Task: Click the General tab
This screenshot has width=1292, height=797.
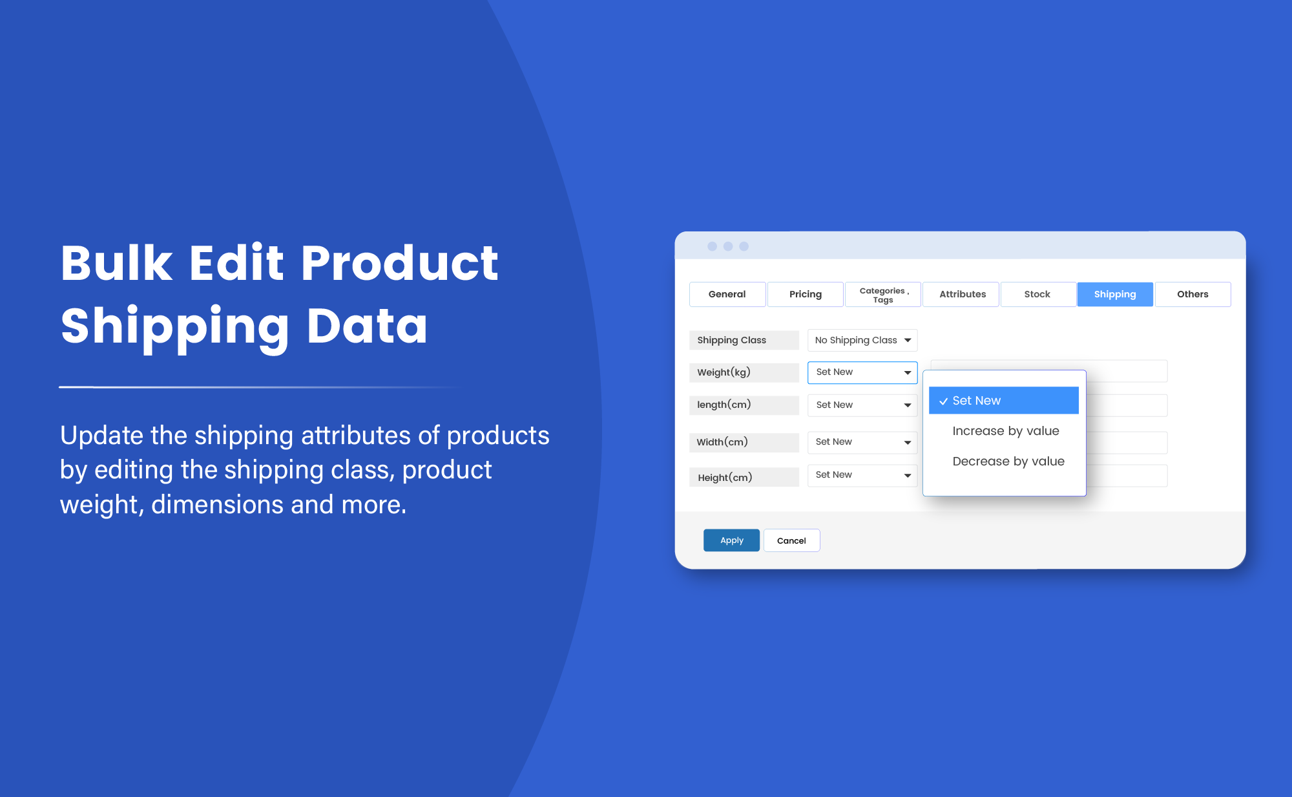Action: coord(727,294)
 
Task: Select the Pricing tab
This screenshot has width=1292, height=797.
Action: coord(805,294)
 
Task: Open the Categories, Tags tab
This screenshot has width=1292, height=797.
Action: coord(883,295)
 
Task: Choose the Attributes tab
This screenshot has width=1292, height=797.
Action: coord(962,294)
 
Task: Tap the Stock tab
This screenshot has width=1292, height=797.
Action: coord(1037,294)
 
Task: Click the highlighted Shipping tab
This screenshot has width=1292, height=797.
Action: coord(1114,294)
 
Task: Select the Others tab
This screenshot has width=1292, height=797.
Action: coord(1192,294)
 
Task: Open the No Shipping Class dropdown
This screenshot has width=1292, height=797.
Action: coord(862,340)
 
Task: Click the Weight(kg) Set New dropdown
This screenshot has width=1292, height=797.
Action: coord(862,372)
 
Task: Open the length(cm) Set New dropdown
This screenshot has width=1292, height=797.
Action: coord(862,405)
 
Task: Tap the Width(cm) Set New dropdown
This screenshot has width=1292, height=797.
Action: coord(862,442)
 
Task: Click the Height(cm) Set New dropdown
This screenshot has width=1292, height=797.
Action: coord(862,475)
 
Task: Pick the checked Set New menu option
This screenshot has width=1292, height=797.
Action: coord(1003,401)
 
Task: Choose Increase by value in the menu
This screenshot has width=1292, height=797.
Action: coord(1005,431)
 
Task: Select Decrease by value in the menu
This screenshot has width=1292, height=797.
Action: coord(1008,462)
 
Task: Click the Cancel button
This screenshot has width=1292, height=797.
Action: coord(791,540)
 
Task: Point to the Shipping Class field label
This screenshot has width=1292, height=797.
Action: coord(732,340)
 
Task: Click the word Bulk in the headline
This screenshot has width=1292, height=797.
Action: coord(117,263)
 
